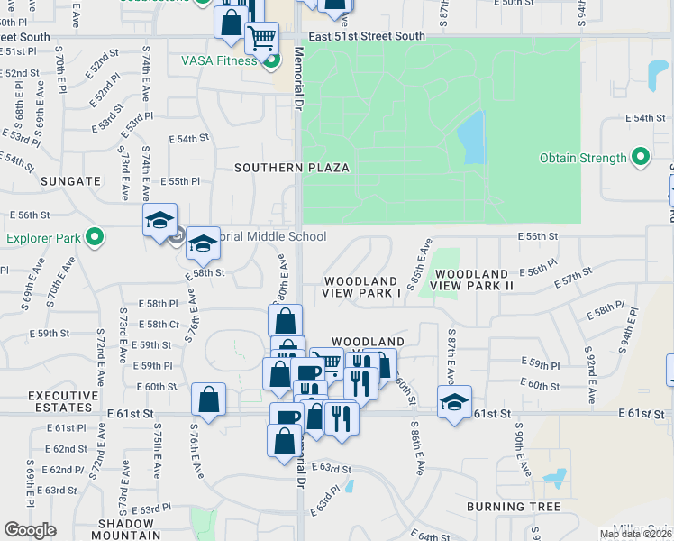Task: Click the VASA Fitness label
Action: coord(219,60)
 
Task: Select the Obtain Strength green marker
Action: coord(641,158)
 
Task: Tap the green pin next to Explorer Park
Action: coord(95,238)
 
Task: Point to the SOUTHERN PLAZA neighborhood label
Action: coord(292,168)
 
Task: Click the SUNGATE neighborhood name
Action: coord(70,181)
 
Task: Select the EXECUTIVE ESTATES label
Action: coord(63,401)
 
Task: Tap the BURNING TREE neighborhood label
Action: coord(514,507)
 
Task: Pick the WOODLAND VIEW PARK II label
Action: coord(472,279)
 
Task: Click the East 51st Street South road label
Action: coord(366,37)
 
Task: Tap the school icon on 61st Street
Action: coord(454,401)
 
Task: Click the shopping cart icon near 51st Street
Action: coord(261,37)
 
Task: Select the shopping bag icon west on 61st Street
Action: coord(208,399)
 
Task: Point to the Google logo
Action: coord(30,530)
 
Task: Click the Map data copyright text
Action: coord(635,534)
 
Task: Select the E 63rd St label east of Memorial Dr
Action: coord(331,468)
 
